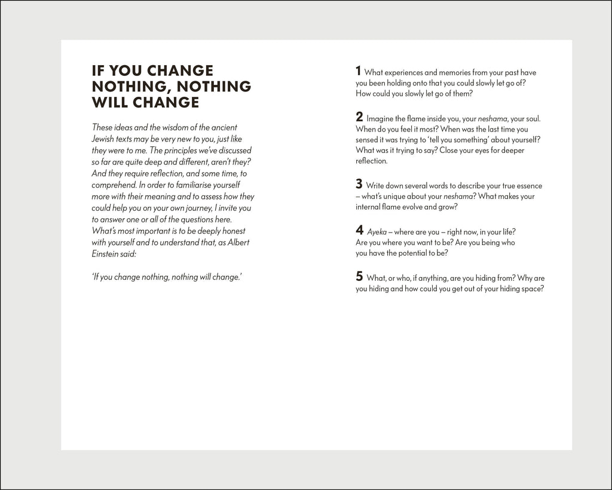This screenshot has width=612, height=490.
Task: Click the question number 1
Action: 359,71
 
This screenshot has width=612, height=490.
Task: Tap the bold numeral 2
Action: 359,117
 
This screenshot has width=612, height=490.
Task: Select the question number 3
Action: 359,184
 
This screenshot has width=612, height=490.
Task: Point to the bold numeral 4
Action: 359,230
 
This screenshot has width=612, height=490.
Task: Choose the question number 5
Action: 359,276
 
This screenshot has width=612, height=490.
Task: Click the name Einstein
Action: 107,253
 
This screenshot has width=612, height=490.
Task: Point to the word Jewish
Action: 105,138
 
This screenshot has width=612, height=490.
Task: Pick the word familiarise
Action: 194,185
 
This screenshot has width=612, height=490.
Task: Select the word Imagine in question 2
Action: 381,118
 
